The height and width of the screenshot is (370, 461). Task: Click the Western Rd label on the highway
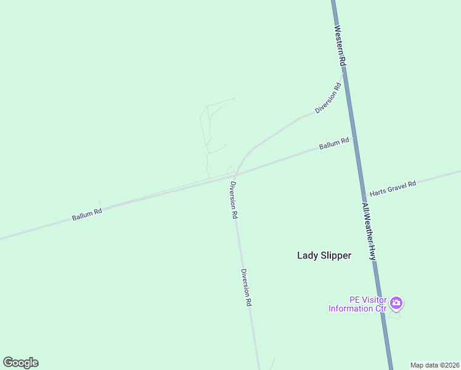click(x=340, y=46)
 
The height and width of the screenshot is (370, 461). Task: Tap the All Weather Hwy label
click(x=369, y=231)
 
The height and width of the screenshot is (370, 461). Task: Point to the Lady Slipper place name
click(x=324, y=255)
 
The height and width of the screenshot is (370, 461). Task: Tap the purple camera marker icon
click(x=396, y=303)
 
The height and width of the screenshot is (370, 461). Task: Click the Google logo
click(x=20, y=363)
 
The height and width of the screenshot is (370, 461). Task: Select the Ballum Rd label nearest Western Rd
click(x=334, y=144)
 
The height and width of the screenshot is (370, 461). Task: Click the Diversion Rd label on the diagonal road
click(x=328, y=98)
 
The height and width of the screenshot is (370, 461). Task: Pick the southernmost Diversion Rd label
click(x=247, y=289)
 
